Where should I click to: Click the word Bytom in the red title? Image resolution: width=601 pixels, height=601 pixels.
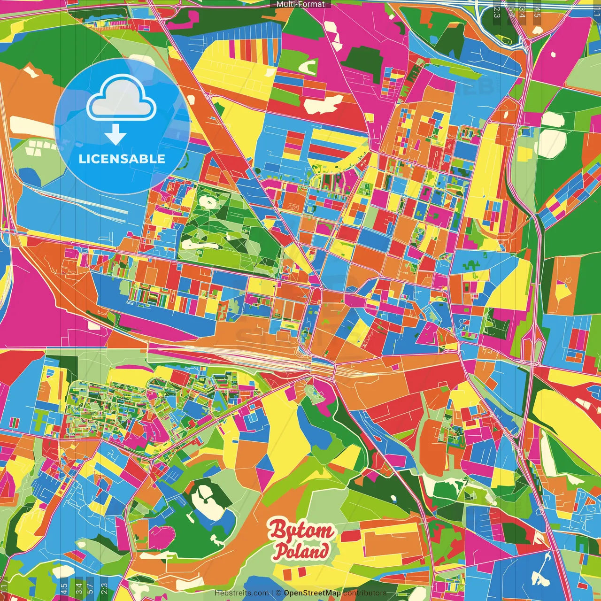point(301,531)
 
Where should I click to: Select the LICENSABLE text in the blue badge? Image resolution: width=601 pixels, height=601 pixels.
point(122,159)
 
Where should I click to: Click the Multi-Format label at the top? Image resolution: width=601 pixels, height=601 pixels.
point(300,4)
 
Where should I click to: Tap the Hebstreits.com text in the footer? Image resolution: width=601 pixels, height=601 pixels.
point(241,593)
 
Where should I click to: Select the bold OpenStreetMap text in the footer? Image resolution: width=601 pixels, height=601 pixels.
point(312,593)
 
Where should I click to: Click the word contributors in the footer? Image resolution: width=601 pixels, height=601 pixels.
point(365,593)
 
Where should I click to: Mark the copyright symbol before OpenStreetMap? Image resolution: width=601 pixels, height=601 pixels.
point(278,593)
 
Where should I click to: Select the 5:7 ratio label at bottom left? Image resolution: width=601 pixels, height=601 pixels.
point(90,588)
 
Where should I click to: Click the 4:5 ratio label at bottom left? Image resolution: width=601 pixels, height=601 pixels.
point(64,588)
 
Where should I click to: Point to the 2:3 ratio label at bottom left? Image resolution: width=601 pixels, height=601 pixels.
point(104,588)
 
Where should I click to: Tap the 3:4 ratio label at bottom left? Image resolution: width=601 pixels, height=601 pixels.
point(78,588)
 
